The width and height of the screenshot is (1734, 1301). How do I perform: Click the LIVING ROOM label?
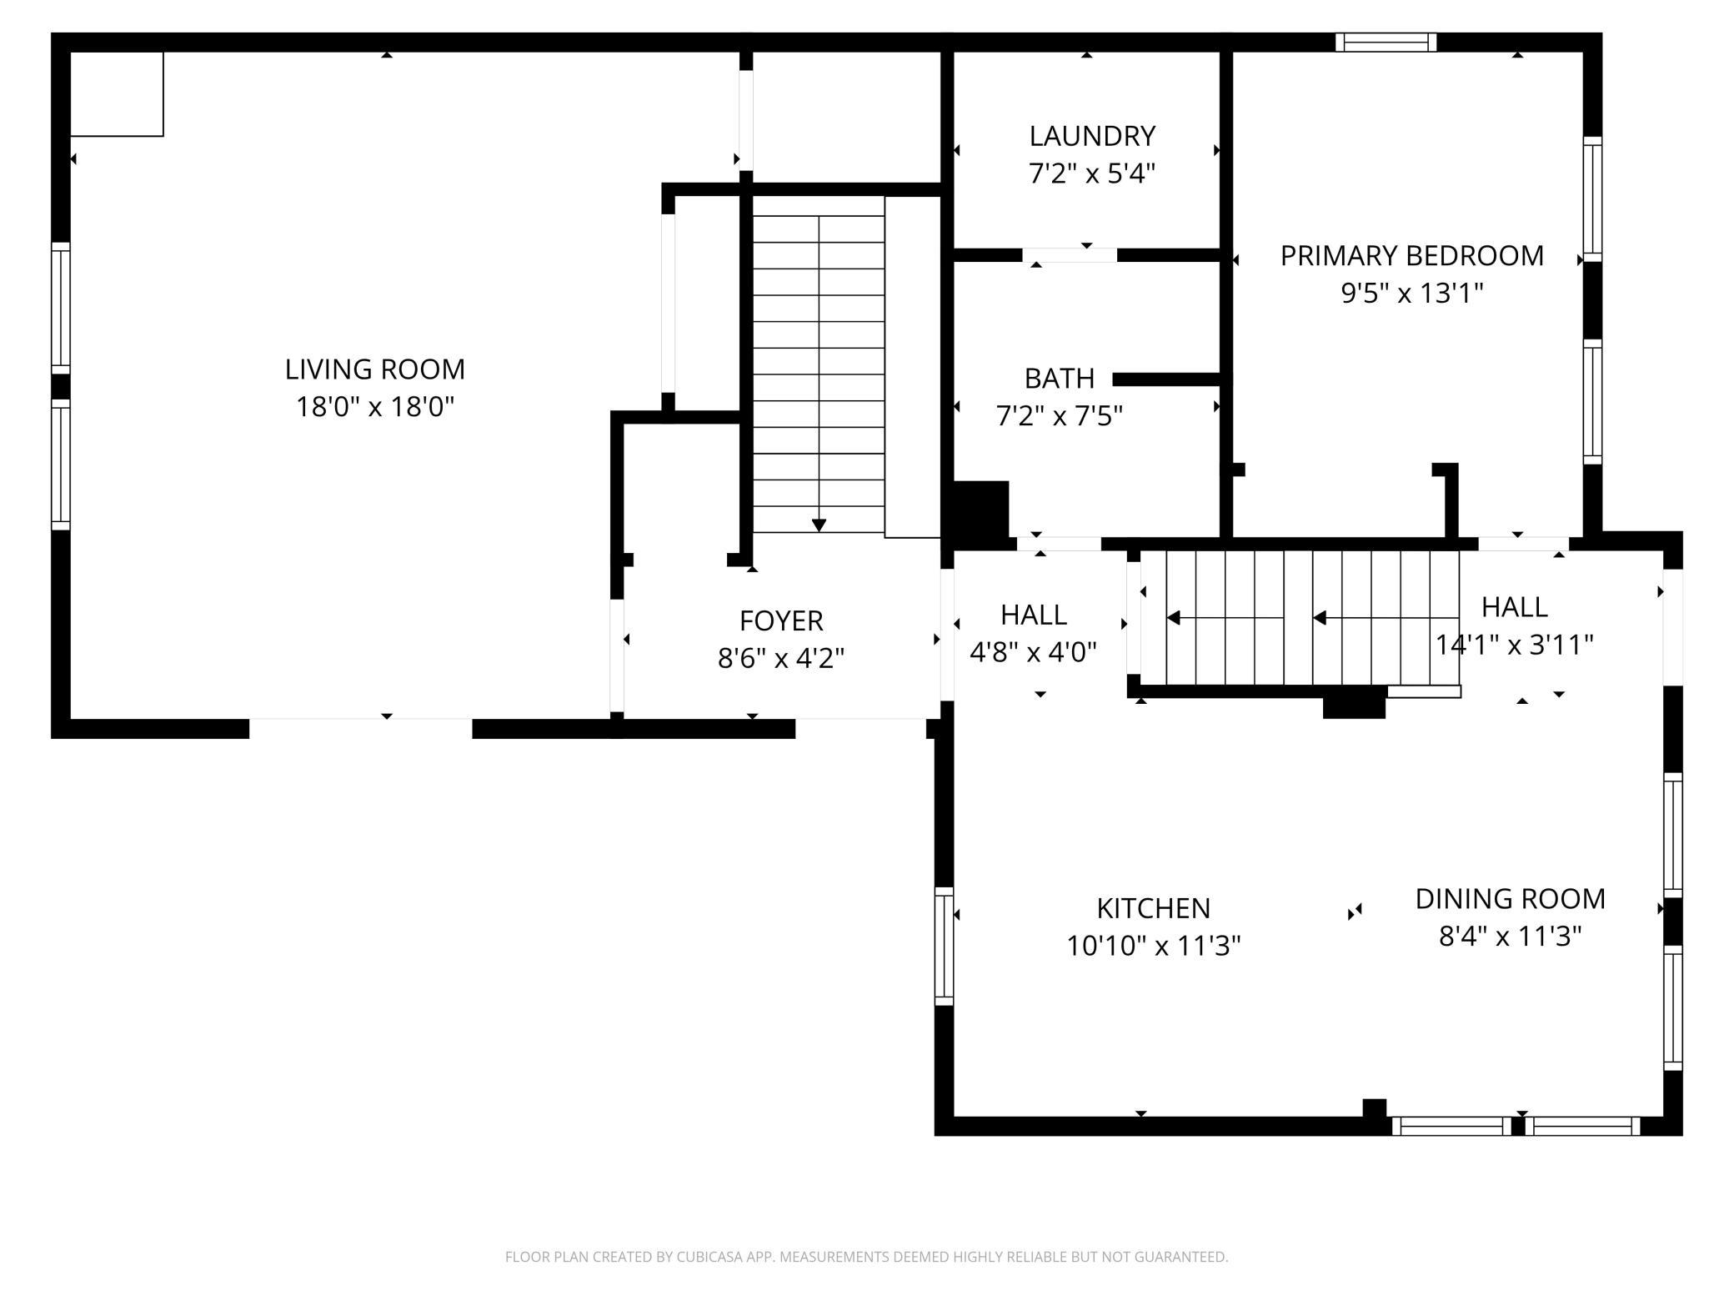tap(375, 369)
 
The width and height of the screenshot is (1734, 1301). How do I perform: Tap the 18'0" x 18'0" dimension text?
tap(375, 407)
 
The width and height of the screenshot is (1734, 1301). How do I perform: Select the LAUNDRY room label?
tap(1092, 135)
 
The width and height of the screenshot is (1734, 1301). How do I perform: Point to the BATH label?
tap(1060, 379)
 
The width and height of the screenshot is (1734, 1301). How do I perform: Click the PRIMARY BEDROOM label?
tap(1412, 255)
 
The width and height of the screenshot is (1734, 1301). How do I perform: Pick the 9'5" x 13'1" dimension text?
tap(1412, 294)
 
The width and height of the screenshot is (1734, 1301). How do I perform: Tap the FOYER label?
tap(781, 620)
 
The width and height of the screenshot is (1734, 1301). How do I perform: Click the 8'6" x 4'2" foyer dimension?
tap(781, 659)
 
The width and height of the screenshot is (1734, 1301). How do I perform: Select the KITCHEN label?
tap(1154, 907)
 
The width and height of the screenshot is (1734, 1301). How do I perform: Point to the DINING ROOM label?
tap(1511, 898)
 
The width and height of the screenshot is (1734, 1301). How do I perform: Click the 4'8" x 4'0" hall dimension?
tap(1033, 651)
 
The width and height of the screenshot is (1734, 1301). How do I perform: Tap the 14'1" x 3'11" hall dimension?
tap(1515, 645)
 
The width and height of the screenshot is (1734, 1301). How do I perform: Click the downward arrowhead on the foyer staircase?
tap(819, 525)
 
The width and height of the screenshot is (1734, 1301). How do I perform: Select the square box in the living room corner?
tap(117, 93)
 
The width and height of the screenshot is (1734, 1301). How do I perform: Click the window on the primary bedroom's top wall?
tap(1386, 43)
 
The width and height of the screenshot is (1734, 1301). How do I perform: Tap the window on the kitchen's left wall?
tap(944, 946)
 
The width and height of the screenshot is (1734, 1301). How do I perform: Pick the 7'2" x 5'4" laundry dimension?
tap(1092, 173)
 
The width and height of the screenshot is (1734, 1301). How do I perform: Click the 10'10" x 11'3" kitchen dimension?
tap(1154, 946)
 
